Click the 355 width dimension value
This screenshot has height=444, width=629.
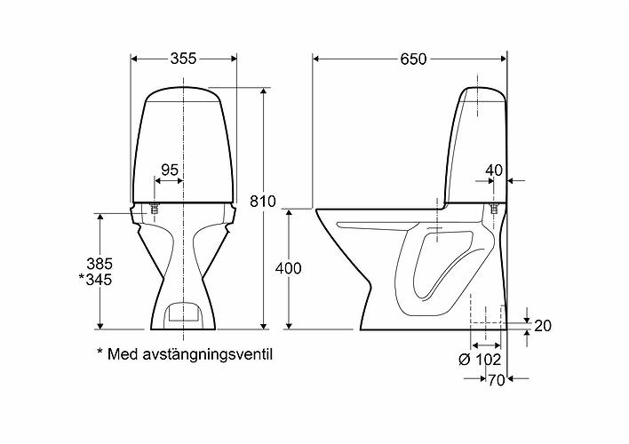click(x=182, y=58)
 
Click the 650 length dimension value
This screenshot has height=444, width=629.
click(x=412, y=59)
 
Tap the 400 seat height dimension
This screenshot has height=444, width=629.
click(x=289, y=268)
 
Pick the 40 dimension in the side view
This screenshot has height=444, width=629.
click(x=495, y=170)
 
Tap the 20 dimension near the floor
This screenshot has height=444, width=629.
click(x=544, y=326)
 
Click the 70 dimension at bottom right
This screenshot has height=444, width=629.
click(x=495, y=379)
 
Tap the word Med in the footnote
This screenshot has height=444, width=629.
click(x=121, y=354)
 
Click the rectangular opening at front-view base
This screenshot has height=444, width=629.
click(x=184, y=311)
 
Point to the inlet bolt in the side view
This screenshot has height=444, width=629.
click(x=491, y=210)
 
